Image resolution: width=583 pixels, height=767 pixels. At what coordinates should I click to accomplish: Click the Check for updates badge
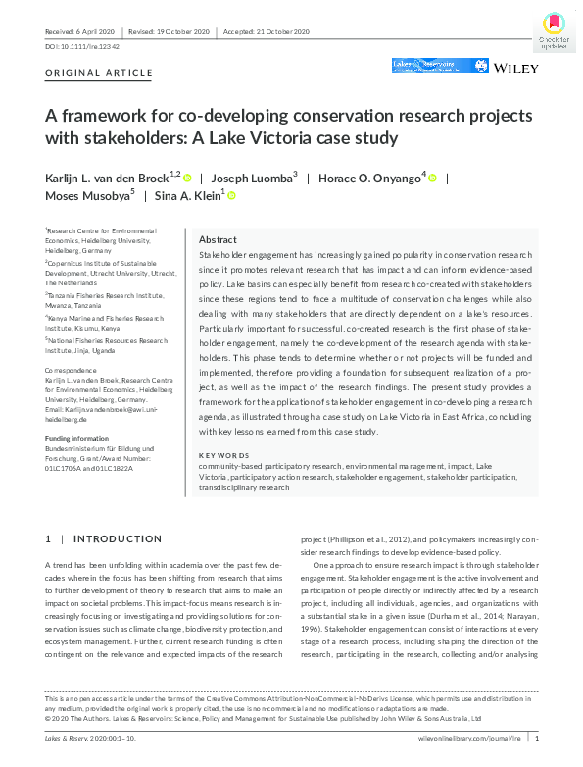[x=554, y=29]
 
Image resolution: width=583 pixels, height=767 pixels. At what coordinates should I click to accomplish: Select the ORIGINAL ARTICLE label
[x=100, y=73]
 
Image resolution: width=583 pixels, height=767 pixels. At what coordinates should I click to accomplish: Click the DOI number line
[x=82, y=46]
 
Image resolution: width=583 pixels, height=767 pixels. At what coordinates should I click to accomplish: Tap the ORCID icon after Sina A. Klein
[x=232, y=196]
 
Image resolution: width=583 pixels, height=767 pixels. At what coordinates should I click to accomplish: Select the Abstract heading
[x=218, y=239]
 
